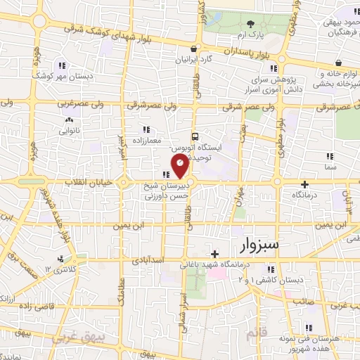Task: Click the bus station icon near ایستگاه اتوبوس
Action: point(195,136)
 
